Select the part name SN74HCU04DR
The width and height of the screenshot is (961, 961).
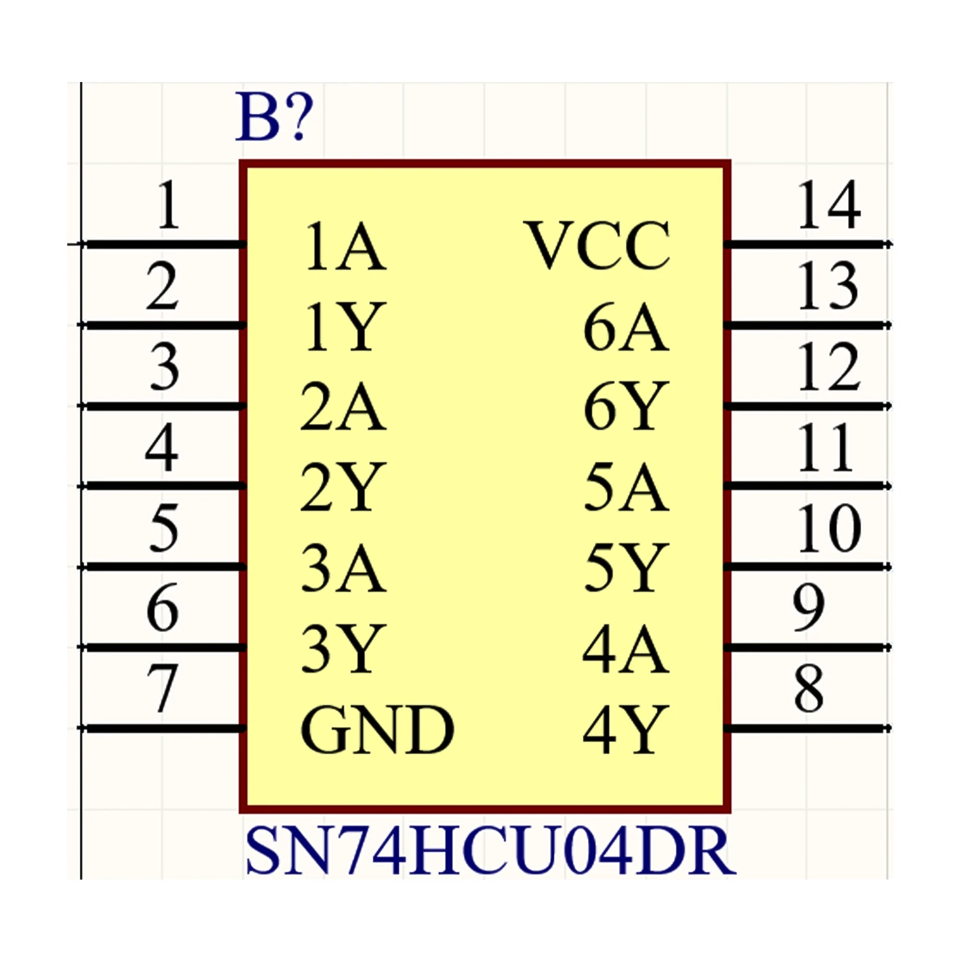tap(490, 851)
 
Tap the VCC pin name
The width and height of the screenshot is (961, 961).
tap(597, 245)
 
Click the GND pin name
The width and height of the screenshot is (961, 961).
tap(377, 730)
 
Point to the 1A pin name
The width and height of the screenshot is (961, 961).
tap(345, 247)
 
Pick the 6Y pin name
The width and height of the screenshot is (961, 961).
tap(626, 407)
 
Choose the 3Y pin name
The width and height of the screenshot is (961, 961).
tap(343, 649)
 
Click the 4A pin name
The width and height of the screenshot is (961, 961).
tap(626, 649)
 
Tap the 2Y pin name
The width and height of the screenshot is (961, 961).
tap(343, 488)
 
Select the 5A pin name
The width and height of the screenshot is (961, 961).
tap(626, 488)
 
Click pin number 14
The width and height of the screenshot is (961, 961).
tap(828, 205)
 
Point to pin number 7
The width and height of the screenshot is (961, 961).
tap(163, 689)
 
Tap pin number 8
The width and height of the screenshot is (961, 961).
tap(809, 689)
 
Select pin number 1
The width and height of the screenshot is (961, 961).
tap(168, 205)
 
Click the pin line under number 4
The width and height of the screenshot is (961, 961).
tap(163, 486)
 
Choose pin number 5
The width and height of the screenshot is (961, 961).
tap(163, 528)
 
